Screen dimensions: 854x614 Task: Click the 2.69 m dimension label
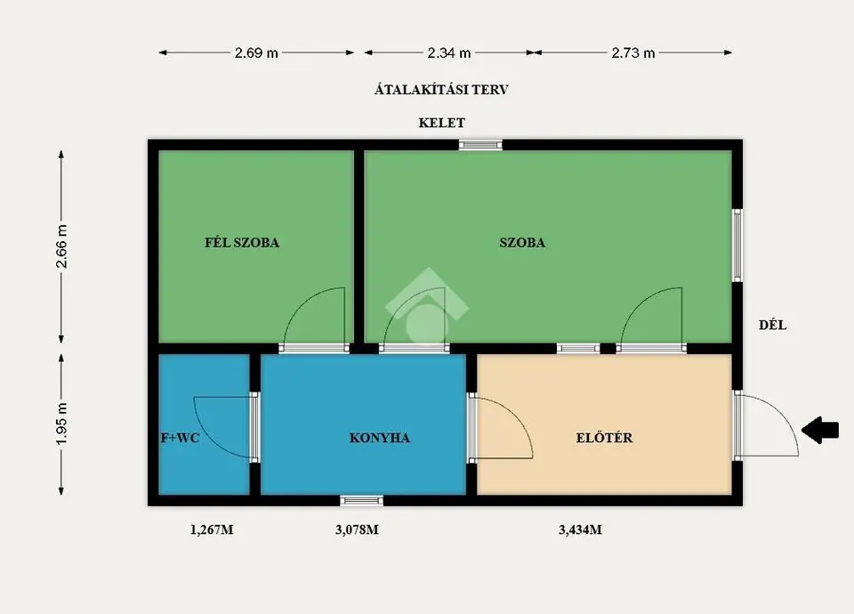coord(256,53)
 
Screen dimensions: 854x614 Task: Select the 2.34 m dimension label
coord(448,53)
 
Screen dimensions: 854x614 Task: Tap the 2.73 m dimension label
coord(632,53)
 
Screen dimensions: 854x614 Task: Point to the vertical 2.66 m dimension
coord(61,246)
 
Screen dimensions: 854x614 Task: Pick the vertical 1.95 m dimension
coord(61,424)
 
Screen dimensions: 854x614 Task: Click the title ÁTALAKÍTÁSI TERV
coord(441,90)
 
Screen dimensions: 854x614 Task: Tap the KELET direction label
coord(442,123)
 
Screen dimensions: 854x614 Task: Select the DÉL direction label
coord(772,326)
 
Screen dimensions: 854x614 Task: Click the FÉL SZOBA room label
coord(242,242)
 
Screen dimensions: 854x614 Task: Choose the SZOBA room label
coord(522,242)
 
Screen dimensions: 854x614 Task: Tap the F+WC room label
coord(181,438)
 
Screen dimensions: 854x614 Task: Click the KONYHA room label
coord(380,438)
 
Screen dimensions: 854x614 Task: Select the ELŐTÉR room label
coord(605,438)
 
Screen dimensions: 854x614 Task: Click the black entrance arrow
coord(819,430)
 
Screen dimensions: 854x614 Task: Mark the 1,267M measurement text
coord(212,529)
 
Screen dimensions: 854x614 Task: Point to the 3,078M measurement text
coord(357,529)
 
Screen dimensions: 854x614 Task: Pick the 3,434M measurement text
coord(580,529)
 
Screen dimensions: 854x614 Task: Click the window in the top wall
coord(480,145)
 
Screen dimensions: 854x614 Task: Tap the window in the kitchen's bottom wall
coord(362,501)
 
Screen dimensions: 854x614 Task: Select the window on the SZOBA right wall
coord(737,246)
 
